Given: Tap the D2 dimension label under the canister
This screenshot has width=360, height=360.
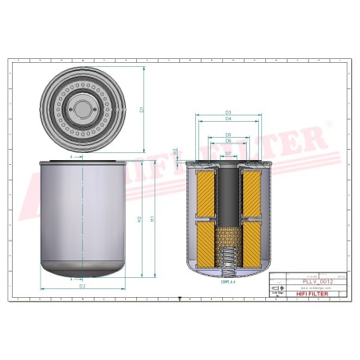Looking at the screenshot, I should pos(82,286).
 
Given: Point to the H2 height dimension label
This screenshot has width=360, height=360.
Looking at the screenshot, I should pos(140,218).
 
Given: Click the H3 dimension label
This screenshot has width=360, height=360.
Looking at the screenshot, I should pos(175,151).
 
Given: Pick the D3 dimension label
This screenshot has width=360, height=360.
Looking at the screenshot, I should pos(229,112).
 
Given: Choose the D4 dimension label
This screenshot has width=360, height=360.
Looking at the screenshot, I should pos(229,119).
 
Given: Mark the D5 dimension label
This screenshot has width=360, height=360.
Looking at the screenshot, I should pos(229,135).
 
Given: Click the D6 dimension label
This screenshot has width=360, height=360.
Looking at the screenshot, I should pos(229,142).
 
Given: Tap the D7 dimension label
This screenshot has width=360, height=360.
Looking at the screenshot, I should pos(229,153).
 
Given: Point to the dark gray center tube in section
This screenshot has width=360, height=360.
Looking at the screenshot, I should pos(229,195).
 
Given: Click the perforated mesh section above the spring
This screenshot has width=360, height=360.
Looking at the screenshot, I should pos(229,235).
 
